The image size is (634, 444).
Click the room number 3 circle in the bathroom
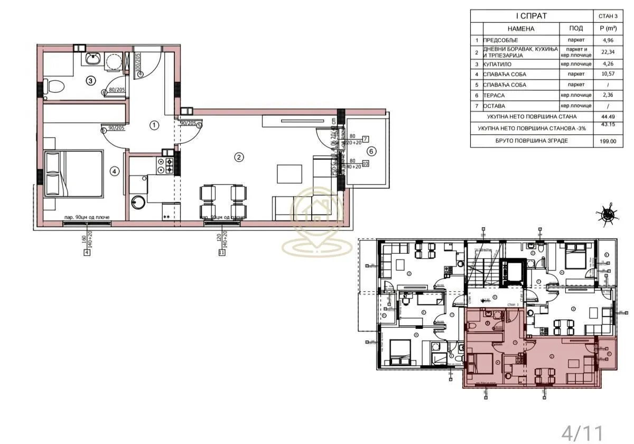91,81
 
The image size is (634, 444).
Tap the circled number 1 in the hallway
154,125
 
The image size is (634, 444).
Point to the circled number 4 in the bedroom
115,171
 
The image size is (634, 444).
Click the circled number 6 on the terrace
371,151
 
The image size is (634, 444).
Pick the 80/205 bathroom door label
116,90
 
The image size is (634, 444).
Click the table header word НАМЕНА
521,29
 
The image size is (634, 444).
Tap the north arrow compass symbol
609,214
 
